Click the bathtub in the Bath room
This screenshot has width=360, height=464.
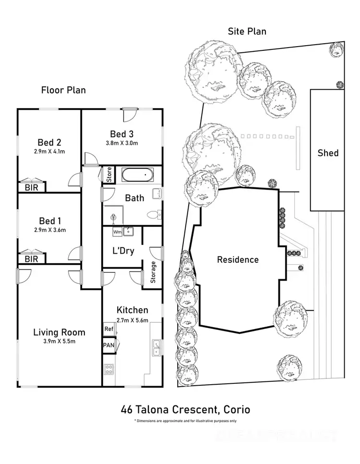tap(137, 175)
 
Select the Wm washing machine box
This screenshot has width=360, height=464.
tap(117, 232)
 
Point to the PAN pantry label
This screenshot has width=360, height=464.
tap(108, 345)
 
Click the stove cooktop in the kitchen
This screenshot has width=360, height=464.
tap(109, 370)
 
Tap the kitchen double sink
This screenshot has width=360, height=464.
tap(156, 348)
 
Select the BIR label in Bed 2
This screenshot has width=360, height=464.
tap(31, 187)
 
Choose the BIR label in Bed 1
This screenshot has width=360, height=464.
tap(31, 258)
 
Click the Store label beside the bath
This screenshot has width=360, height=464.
tap(109, 175)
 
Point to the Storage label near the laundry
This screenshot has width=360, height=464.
tap(154, 273)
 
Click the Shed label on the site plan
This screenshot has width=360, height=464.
tap(328, 153)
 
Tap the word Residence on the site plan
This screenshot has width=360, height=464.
tap(238, 260)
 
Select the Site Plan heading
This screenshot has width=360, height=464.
tap(247, 32)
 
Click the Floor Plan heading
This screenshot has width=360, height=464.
tap(63, 90)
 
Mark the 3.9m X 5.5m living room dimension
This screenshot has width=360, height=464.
tap(59, 342)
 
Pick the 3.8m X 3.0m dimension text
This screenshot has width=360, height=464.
tap(121, 143)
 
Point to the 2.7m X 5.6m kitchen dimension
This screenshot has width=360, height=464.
tap(132, 320)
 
